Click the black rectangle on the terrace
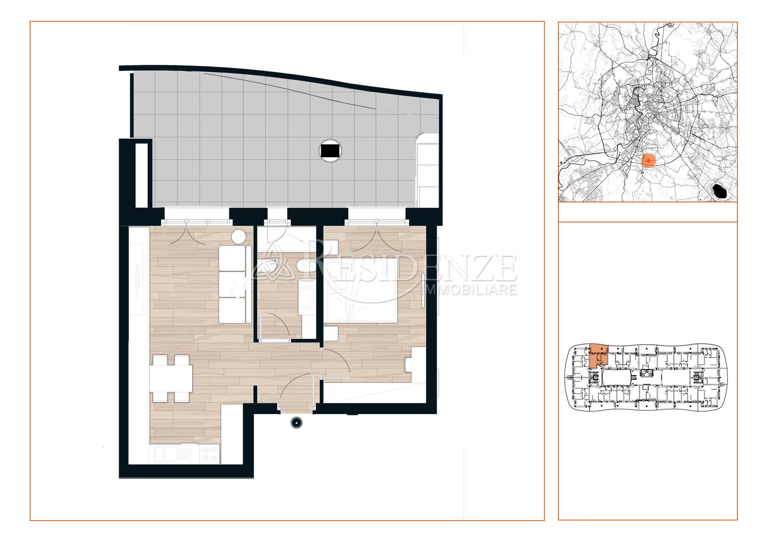[331, 150]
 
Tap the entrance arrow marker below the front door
[297, 423]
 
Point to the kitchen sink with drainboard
[173, 455]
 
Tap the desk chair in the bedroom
[408, 364]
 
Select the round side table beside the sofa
[239, 237]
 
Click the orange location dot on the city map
[649, 161]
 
